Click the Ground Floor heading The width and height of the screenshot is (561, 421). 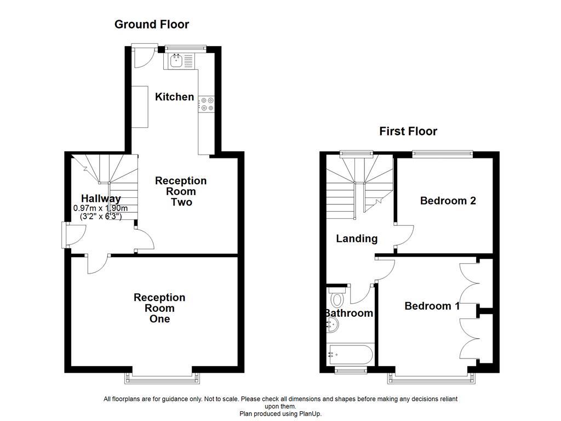click(x=152, y=24)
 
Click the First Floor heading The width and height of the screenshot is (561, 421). click(x=408, y=131)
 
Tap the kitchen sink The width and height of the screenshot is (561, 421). click(x=177, y=61)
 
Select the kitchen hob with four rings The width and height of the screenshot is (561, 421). click(x=207, y=104)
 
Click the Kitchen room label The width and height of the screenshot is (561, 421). click(x=174, y=97)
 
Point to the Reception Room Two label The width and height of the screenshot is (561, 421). click(x=181, y=191)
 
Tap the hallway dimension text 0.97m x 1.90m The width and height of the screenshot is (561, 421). click(x=100, y=208)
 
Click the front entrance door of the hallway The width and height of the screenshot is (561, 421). click(x=73, y=235)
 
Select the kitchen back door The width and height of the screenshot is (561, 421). click(x=144, y=56)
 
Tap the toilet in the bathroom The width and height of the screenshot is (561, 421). click(x=336, y=299)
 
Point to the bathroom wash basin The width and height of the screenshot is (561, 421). click(x=333, y=326)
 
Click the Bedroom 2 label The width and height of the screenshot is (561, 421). click(x=448, y=201)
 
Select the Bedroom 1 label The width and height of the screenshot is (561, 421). click(x=432, y=306)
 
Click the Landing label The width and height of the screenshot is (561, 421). click(x=357, y=238)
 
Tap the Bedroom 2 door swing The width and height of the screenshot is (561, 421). click(x=404, y=235)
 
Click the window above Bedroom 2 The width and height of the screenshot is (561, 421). click(x=442, y=154)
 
